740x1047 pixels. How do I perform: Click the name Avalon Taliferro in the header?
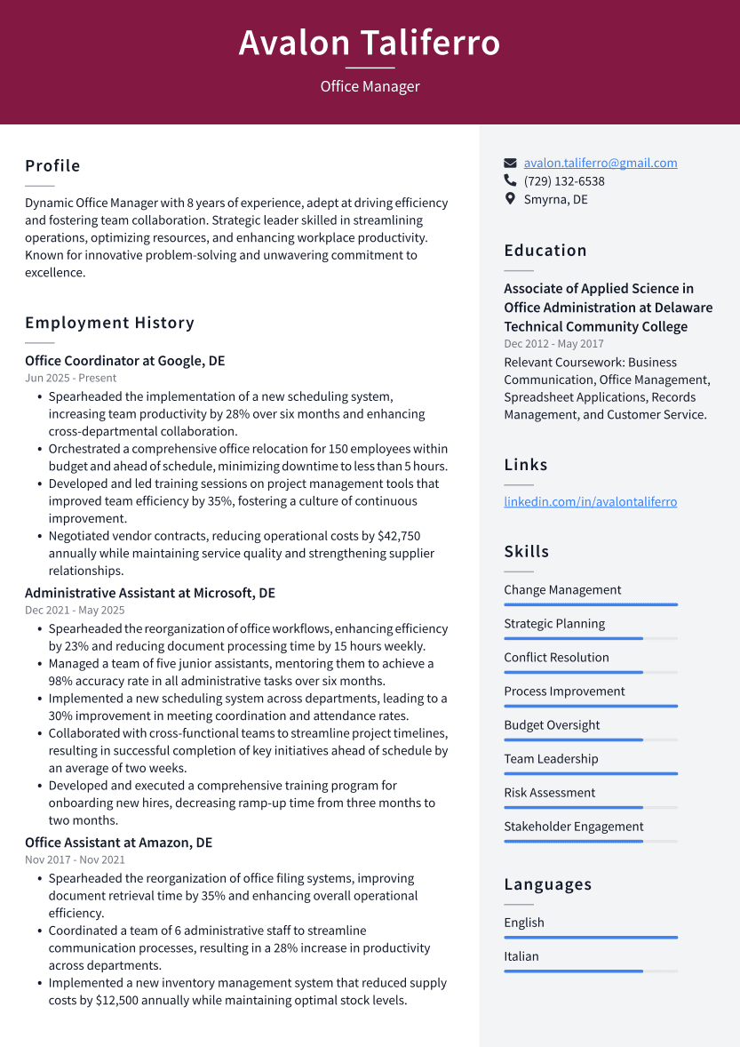370,43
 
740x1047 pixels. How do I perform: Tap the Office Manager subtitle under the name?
370,86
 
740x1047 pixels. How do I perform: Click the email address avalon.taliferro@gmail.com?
600,163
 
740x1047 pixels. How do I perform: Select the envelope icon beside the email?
510,163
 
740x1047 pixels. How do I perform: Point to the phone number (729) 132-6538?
564,181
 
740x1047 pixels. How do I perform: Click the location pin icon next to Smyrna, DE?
510,199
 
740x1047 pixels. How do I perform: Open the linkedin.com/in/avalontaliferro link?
590,501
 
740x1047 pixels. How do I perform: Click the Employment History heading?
109,323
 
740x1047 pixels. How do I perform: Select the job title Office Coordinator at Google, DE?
124,361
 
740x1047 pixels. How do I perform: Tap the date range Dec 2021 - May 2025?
75,611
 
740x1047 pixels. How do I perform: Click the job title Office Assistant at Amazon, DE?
118,843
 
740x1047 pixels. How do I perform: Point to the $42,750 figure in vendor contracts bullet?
399,536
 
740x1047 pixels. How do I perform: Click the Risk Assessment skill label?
549,793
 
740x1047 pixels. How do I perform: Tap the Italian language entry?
521,956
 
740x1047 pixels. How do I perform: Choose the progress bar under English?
590,937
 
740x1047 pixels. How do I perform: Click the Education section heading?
545,251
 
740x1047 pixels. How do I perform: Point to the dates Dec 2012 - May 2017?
553,344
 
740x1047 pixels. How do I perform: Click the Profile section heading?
52,166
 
